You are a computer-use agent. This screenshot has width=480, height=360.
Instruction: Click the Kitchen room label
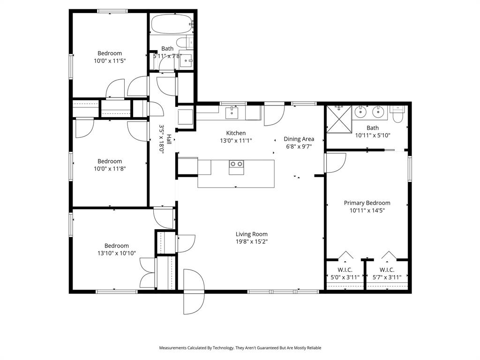236,133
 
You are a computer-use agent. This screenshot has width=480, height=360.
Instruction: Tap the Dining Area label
299,139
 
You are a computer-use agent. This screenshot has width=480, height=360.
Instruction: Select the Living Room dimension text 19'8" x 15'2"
252,242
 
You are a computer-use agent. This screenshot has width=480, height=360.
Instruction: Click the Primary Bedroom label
367,203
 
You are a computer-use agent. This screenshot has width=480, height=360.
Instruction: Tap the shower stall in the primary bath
339,119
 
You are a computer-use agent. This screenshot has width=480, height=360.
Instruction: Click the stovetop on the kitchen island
236,164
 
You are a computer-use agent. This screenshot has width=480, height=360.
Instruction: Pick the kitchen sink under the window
232,112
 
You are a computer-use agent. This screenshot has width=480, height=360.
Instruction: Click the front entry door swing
194,292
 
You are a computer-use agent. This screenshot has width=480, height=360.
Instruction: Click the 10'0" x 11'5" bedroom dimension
110,60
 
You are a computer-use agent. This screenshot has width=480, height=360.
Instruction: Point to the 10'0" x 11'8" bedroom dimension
110,169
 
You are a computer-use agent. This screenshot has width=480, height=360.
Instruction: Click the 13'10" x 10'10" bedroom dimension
116,253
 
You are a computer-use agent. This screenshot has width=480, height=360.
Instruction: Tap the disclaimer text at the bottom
240,348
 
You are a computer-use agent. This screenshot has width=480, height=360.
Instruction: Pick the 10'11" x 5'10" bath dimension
373,135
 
